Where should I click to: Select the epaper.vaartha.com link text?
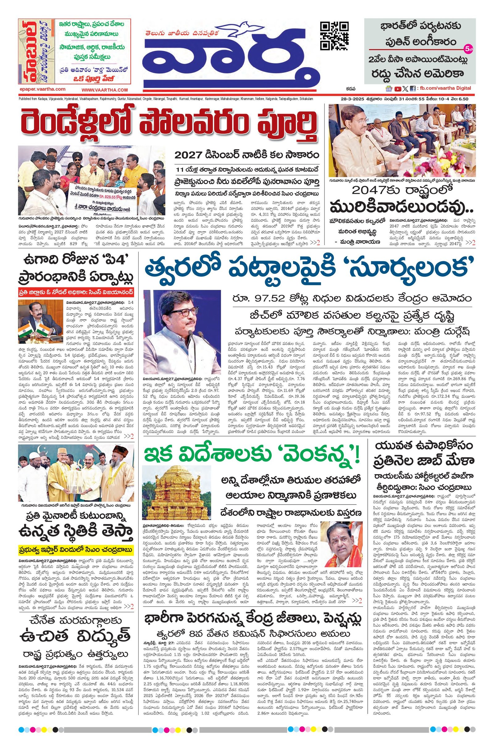coord(42,90)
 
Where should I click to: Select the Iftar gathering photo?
coord(76,473)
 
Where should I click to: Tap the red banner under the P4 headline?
coord(76,291)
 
